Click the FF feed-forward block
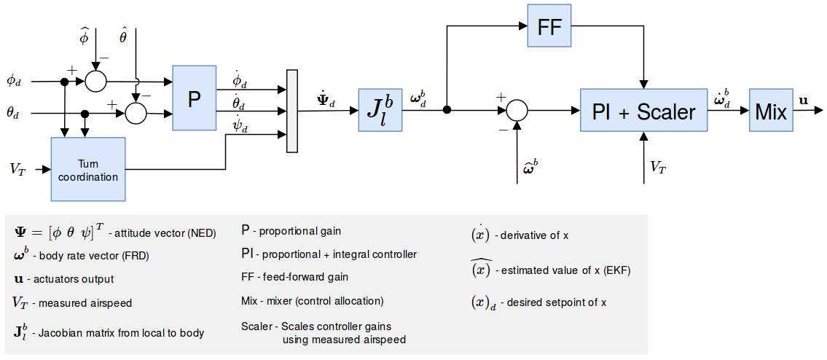point(549,27)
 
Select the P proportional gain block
point(195,98)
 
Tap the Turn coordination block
point(88,169)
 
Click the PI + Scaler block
point(643,111)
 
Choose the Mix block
point(771,111)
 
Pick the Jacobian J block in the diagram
point(380,110)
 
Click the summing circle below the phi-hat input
point(95,81)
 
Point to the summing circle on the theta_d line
point(136,113)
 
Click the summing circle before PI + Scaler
point(516,111)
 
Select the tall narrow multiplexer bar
point(293,111)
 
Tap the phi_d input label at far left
point(14,81)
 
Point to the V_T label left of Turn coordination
point(19,169)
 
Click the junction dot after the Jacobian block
point(447,111)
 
